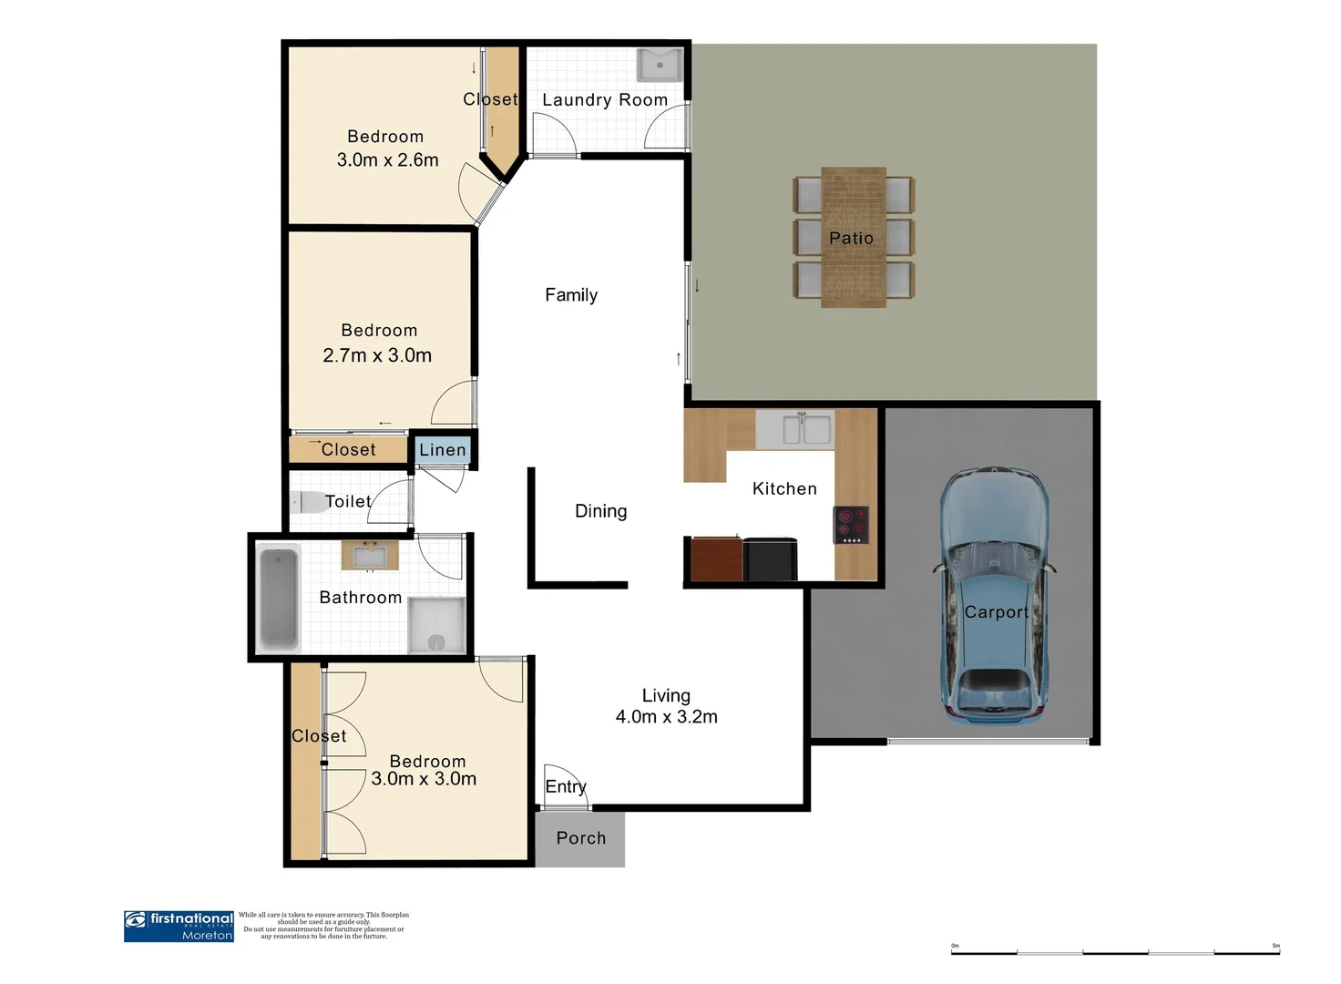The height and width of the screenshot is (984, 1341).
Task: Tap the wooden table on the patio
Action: click(853, 237)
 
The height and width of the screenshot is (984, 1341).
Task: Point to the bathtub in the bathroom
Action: click(279, 598)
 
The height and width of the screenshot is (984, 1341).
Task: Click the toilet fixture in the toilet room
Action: click(307, 502)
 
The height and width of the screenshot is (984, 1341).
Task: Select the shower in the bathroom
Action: click(436, 625)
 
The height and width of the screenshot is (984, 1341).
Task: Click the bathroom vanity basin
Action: click(370, 555)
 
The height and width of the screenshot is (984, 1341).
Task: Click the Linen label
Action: click(443, 450)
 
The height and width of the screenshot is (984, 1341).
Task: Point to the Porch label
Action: click(580, 838)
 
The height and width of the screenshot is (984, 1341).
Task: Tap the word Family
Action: click(571, 295)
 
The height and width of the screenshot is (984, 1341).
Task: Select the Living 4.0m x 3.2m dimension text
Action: click(666, 717)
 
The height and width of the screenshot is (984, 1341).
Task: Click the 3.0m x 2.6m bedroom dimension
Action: click(387, 160)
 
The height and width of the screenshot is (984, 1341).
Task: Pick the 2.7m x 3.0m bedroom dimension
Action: click(377, 355)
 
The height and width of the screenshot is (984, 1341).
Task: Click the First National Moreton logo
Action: click(179, 926)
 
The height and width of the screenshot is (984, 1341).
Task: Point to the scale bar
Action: click(1115, 952)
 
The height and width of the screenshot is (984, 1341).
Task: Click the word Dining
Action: click(600, 511)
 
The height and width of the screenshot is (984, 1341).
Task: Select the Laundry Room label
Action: click(605, 100)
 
